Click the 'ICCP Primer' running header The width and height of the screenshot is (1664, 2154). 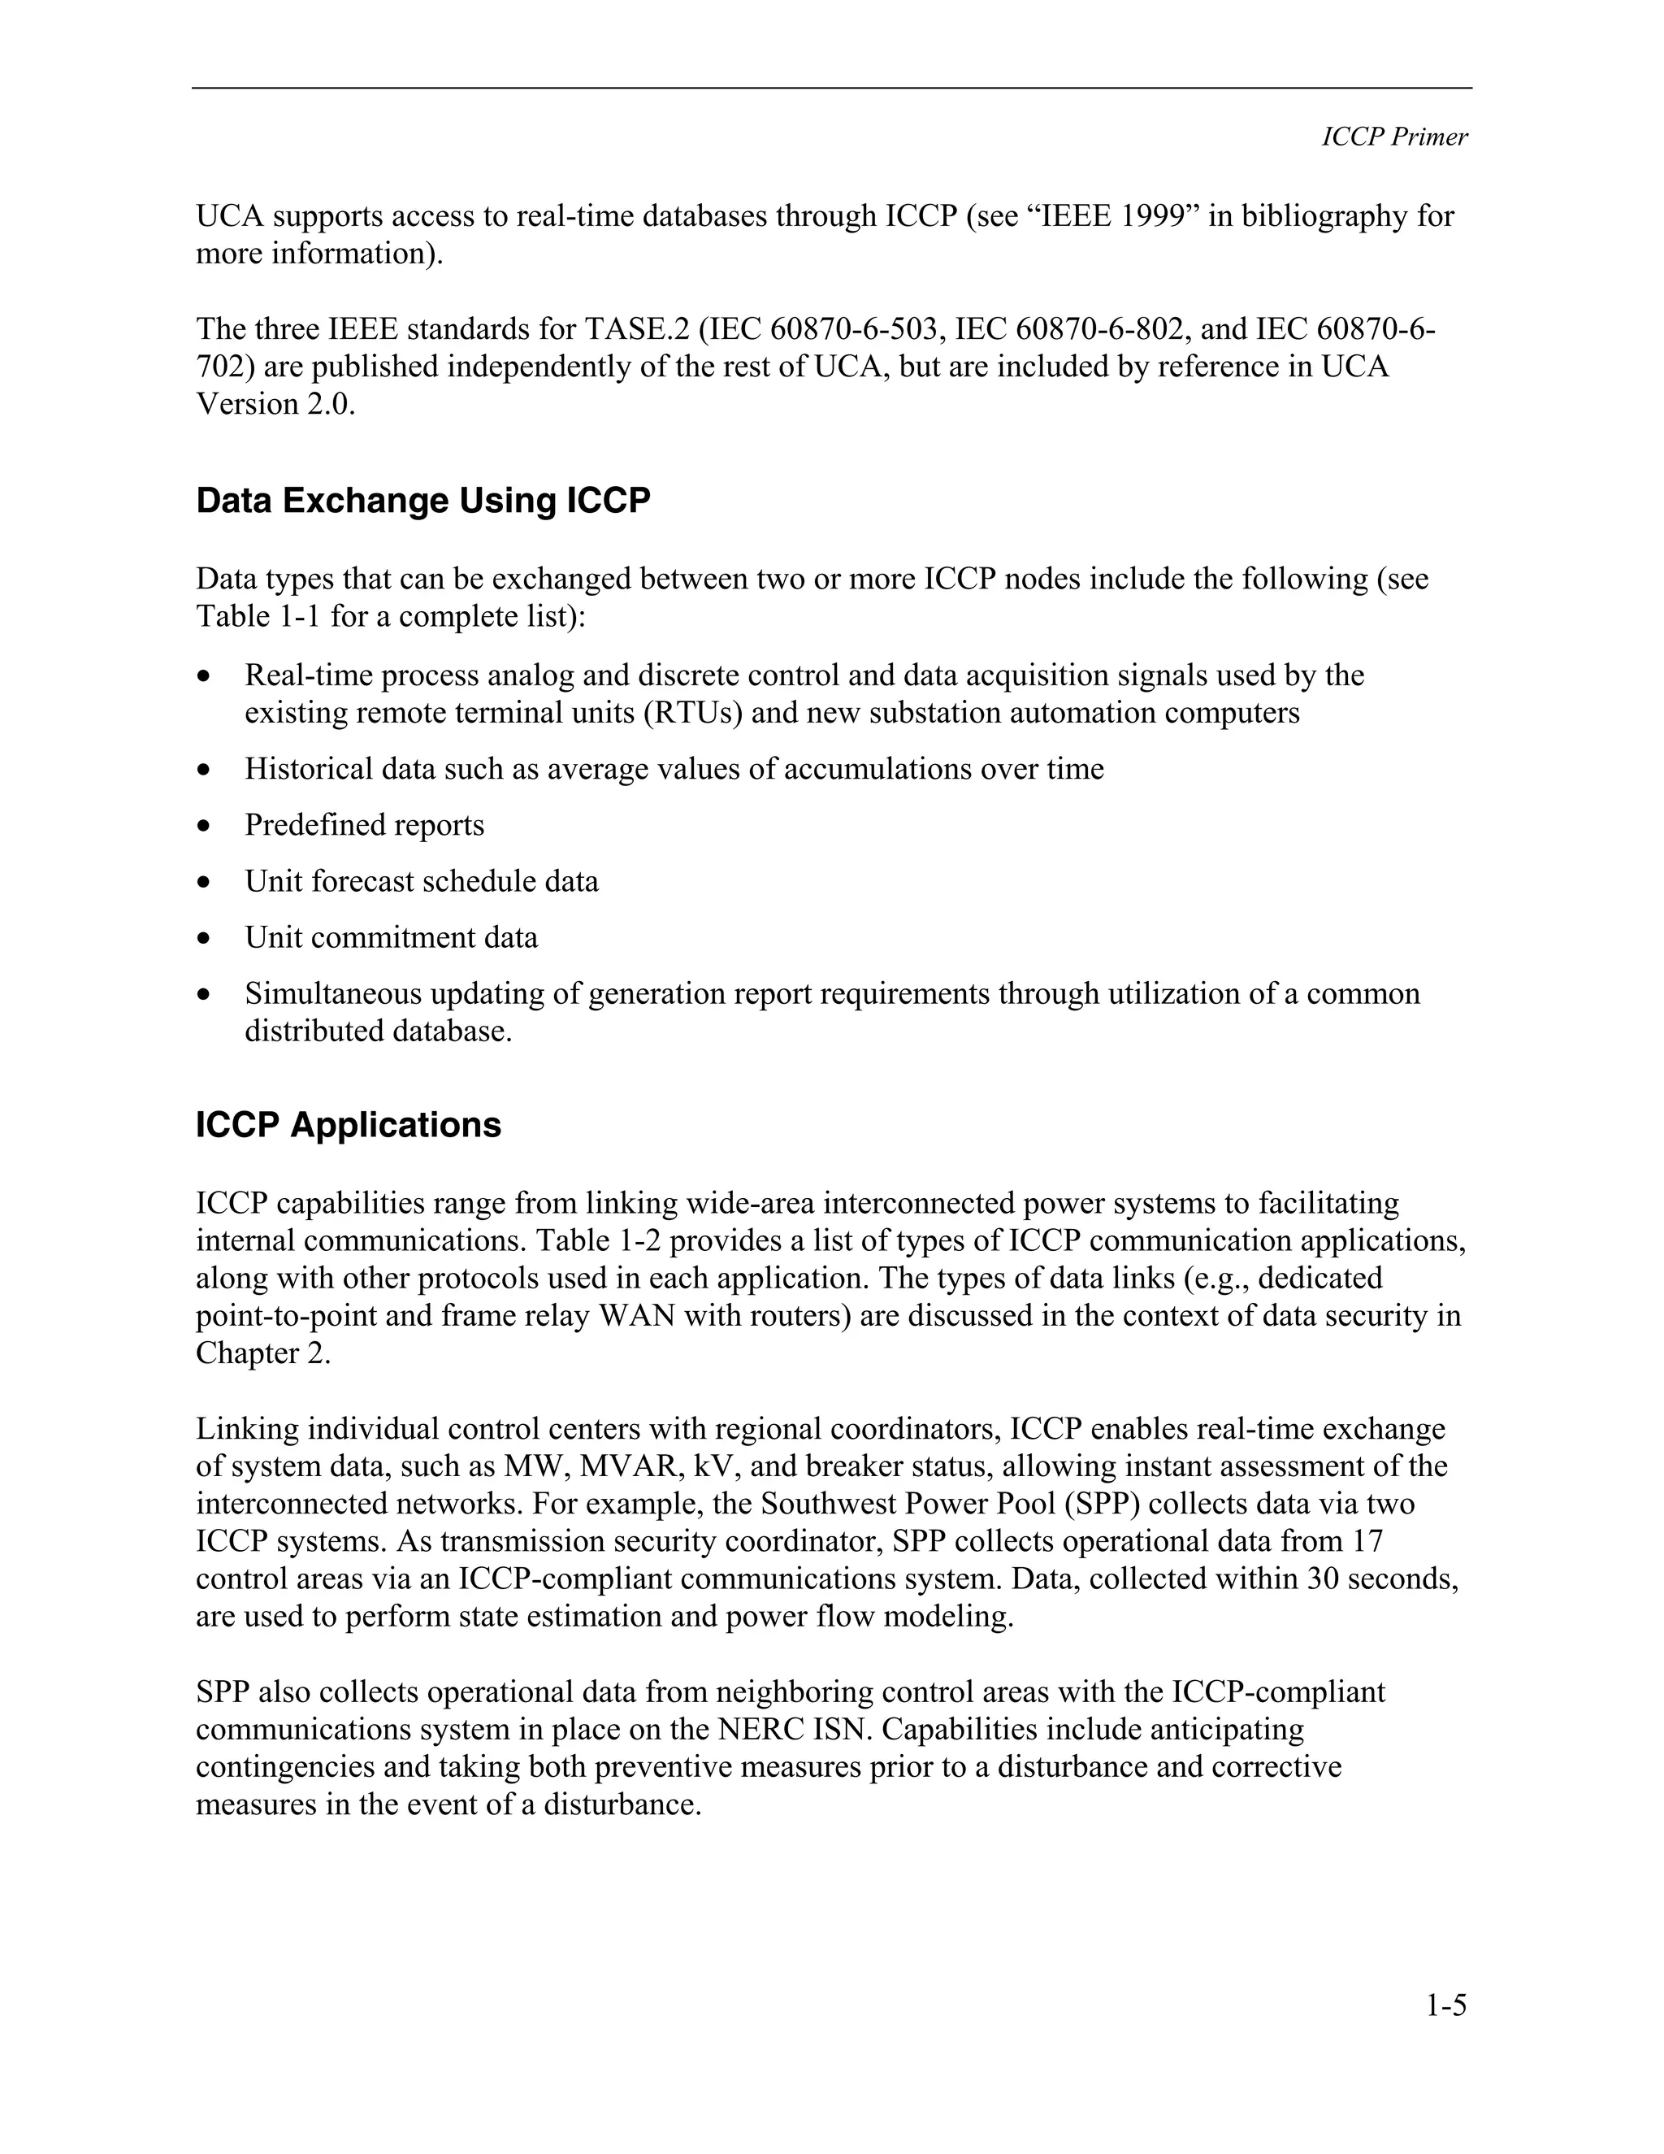pyautogui.click(x=1394, y=137)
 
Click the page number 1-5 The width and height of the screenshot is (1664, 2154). pyautogui.click(x=1445, y=2005)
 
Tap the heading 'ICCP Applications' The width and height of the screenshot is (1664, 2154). pyautogui.click(x=348, y=1125)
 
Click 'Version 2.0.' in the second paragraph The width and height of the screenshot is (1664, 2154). pyautogui.click(x=275, y=403)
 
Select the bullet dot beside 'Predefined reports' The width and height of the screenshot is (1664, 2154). pyautogui.click(x=204, y=826)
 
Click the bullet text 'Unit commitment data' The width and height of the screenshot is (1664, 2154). pyautogui.click(x=392, y=937)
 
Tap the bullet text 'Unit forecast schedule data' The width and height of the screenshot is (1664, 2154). pyautogui.click(x=421, y=881)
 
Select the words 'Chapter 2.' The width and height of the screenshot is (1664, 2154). pyautogui.click(x=262, y=1353)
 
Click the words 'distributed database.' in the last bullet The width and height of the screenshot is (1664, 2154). pyautogui.click(x=379, y=1031)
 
